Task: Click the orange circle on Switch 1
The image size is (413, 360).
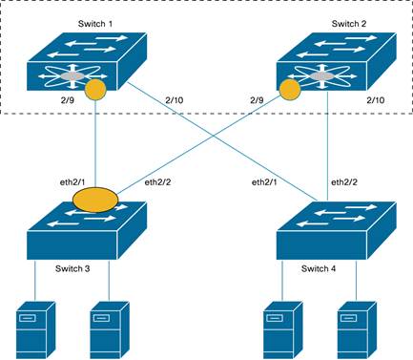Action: tap(95, 91)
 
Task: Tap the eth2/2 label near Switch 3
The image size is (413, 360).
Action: tap(157, 180)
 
